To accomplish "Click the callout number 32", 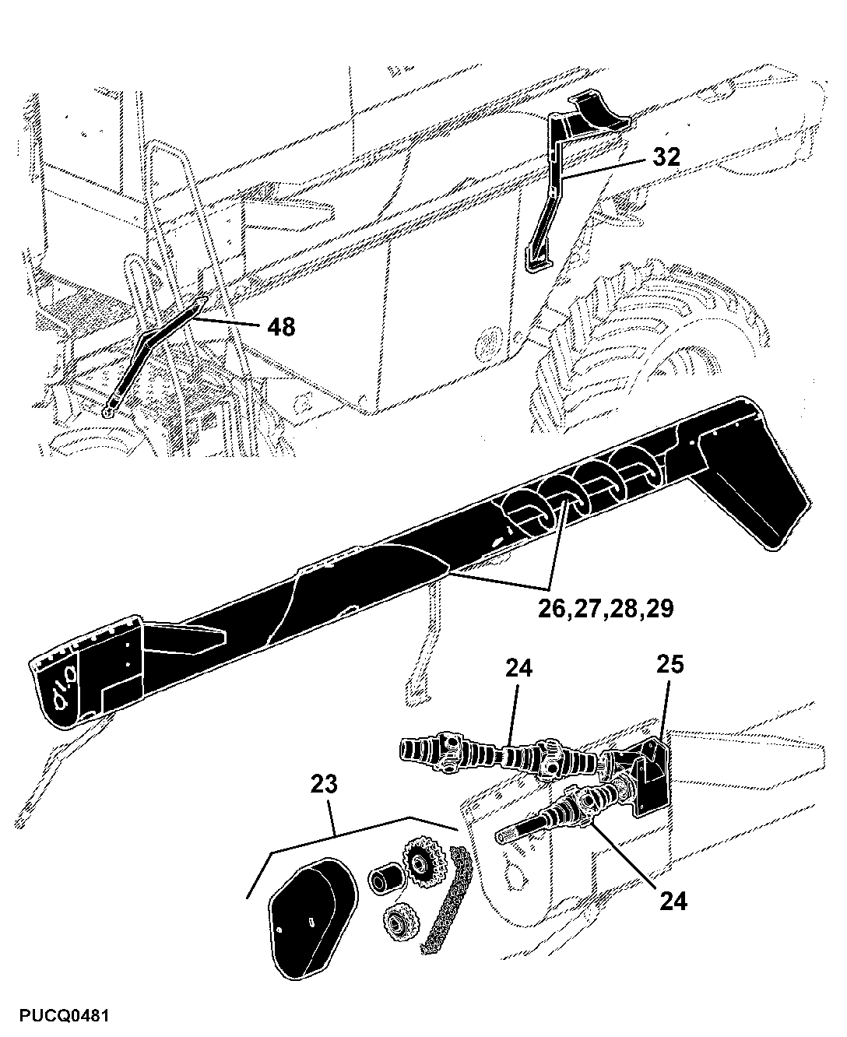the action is point(666,156).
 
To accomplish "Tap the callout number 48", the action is point(281,326).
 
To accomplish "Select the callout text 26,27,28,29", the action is point(605,608).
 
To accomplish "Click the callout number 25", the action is point(670,664).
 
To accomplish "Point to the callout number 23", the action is point(324,784).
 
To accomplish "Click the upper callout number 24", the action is point(518,668).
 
